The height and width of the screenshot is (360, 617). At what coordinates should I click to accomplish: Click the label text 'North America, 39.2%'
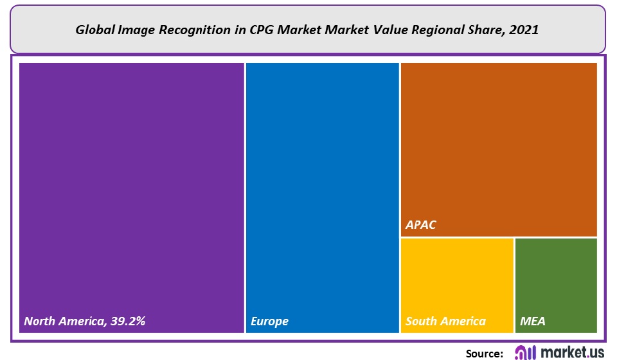click(85, 321)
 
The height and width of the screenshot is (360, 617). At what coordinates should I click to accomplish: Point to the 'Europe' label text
click(269, 321)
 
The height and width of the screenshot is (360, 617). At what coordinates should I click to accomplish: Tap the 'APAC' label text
click(421, 226)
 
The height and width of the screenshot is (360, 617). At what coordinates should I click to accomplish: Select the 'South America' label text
click(445, 321)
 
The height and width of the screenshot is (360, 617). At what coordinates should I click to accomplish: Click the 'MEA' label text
click(532, 321)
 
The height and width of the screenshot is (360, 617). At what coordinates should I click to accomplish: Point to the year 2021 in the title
click(525, 30)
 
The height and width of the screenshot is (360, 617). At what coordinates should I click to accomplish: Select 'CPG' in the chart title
click(244, 30)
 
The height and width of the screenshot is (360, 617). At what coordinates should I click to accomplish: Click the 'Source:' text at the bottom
click(484, 353)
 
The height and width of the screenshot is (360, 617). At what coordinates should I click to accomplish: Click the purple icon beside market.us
click(526, 352)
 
